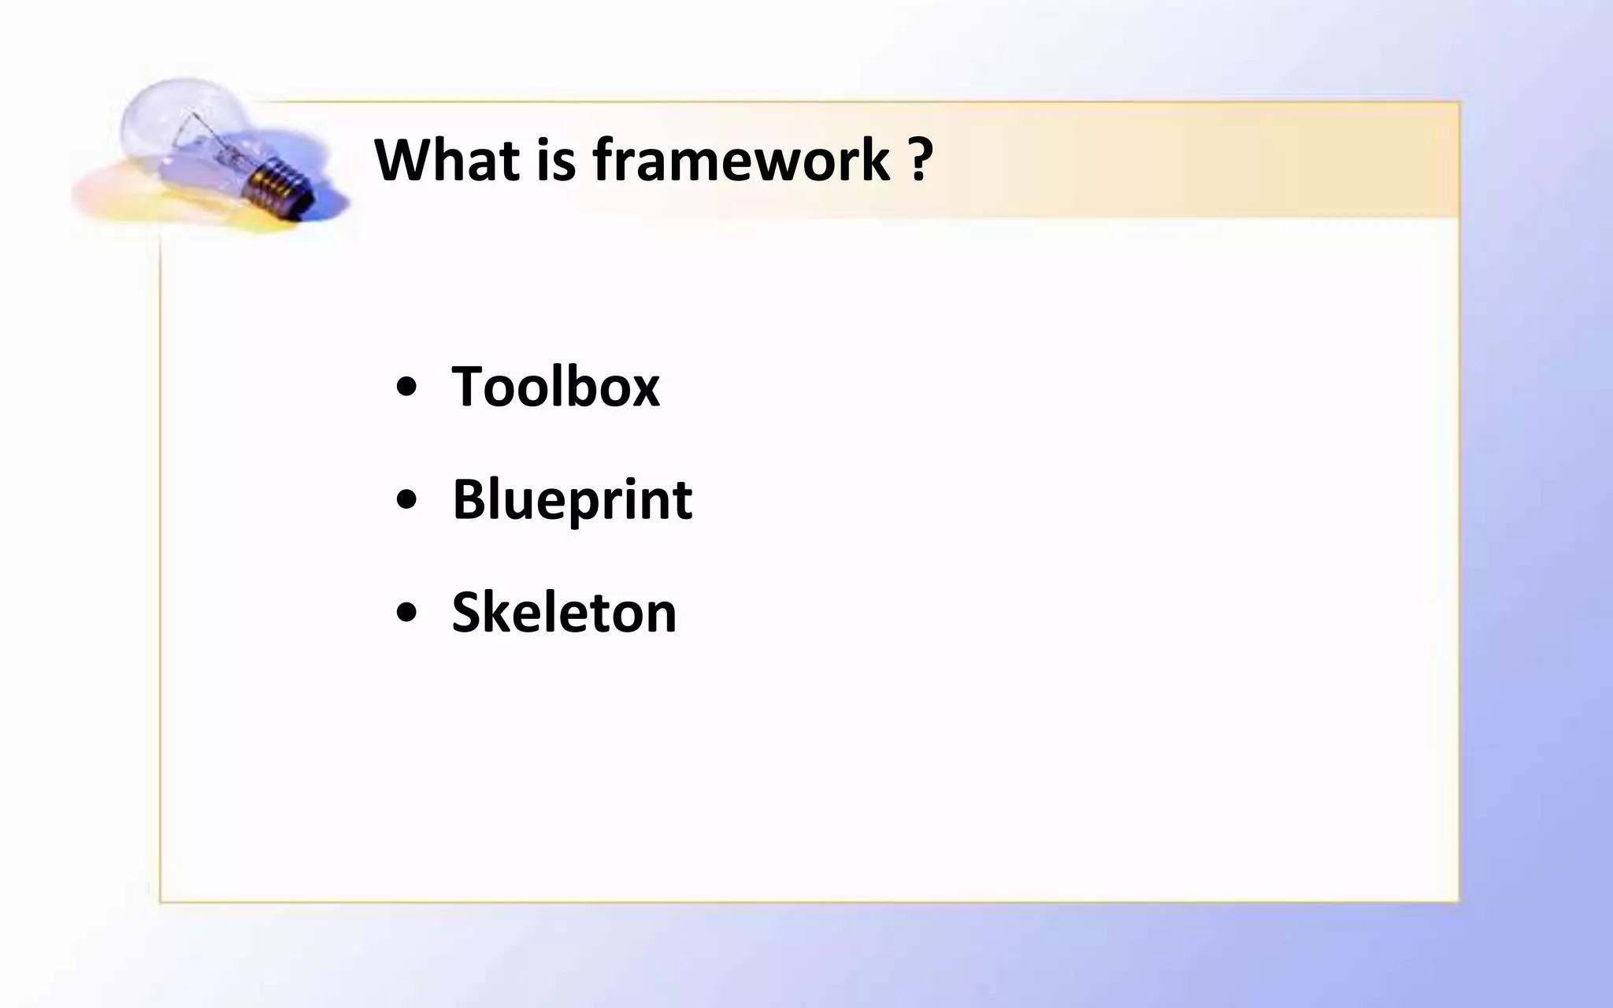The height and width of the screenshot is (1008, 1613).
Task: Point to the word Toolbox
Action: tap(555, 387)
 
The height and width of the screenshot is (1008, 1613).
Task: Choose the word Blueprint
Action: tap(572, 499)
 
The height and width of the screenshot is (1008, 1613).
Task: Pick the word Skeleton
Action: tap(564, 613)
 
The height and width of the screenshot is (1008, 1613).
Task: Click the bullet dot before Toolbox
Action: tap(406, 387)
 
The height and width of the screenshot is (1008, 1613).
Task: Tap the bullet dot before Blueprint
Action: tap(406, 500)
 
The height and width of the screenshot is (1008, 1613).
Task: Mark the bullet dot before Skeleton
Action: tap(406, 613)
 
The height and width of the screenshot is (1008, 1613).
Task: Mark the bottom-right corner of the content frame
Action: tap(1458, 901)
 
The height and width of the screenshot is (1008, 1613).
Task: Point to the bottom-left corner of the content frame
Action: tap(161, 901)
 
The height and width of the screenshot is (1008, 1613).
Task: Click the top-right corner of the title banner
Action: tap(1458, 103)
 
